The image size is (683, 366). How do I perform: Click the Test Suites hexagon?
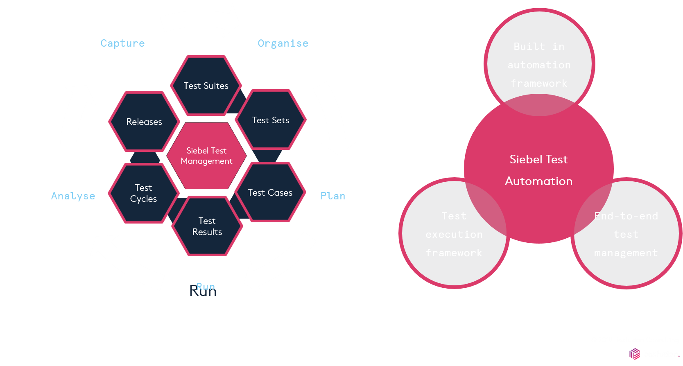[206, 86]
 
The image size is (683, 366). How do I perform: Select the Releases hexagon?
[144, 122]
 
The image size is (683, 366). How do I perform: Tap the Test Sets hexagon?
[271, 120]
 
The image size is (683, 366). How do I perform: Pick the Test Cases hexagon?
[270, 192]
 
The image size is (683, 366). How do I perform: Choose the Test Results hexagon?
[207, 226]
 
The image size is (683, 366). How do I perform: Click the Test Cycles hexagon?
[144, 193]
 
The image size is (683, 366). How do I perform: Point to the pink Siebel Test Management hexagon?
[206, 156]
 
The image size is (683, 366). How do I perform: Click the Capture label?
[122, 43]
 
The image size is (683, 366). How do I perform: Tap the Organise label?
[283, 43]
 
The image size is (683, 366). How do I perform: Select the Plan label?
[332, 196]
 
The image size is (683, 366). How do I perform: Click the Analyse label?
[73, 196]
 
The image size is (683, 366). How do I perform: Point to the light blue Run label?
[206, 287]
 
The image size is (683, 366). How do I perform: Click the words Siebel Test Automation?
[538, 170]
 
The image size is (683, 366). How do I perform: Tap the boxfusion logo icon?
[635, 354]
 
